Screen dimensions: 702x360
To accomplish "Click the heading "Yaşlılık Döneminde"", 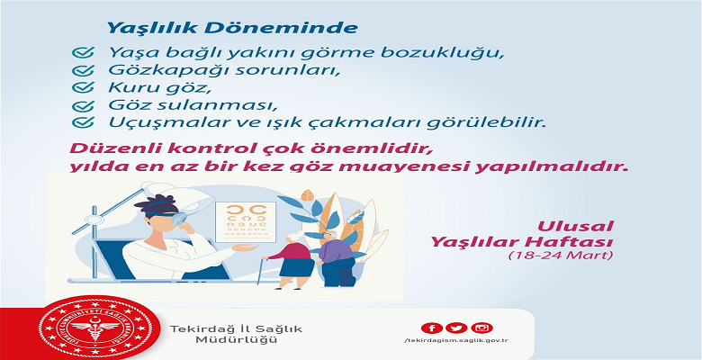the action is tap(232, 28).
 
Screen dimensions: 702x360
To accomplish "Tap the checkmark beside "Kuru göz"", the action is tap(83, 87).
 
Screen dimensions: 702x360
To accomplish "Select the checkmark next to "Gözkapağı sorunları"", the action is tap(83, 70).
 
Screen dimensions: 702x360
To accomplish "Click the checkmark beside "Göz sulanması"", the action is tap(83, 105).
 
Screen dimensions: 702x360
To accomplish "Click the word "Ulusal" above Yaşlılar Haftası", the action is tap(575, 226).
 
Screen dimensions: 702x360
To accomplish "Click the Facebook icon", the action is tap(432, 328).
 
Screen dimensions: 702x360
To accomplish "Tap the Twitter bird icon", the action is tap(456, 328).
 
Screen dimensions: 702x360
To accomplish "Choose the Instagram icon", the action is tap(481, 328).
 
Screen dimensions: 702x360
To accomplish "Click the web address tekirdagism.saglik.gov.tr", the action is tap(456, 341).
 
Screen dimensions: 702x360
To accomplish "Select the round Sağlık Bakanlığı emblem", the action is tap(93, 329).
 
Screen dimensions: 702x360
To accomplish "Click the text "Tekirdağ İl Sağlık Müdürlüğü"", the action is tap(236, 334).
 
